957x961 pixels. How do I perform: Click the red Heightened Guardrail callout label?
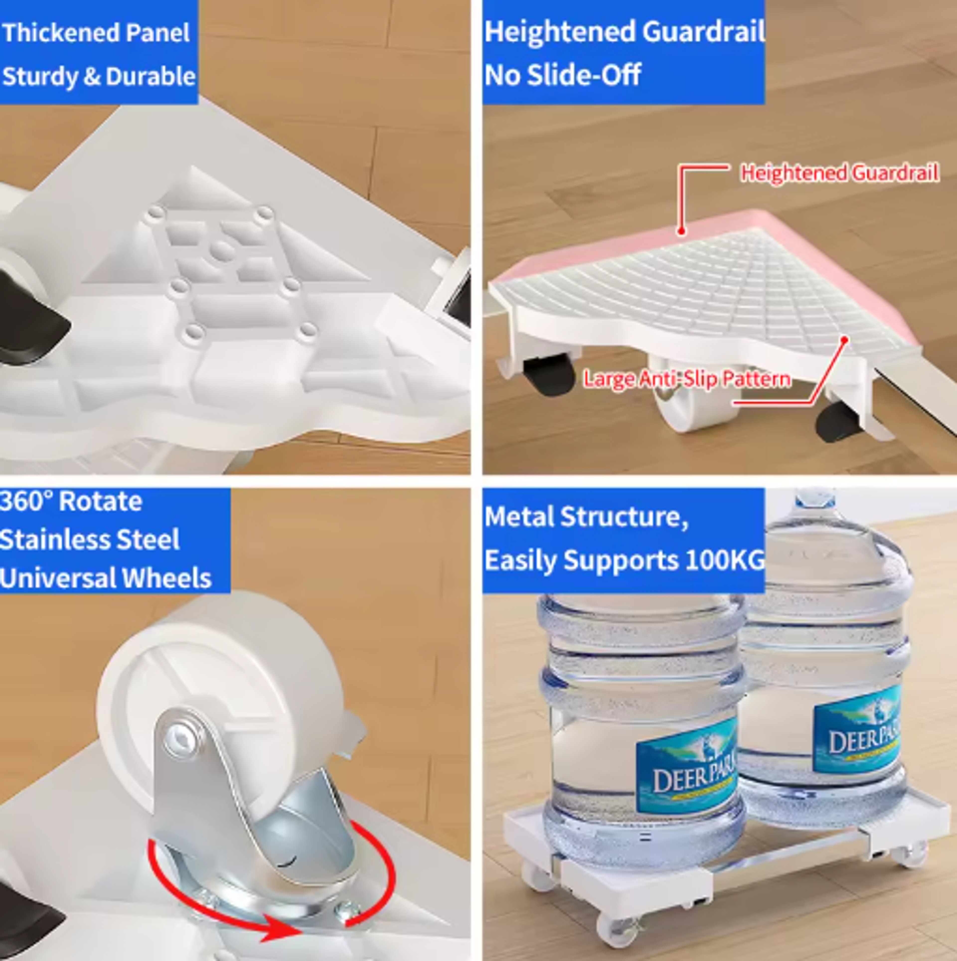point(840,173)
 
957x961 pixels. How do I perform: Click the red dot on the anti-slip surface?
point(844,340)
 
